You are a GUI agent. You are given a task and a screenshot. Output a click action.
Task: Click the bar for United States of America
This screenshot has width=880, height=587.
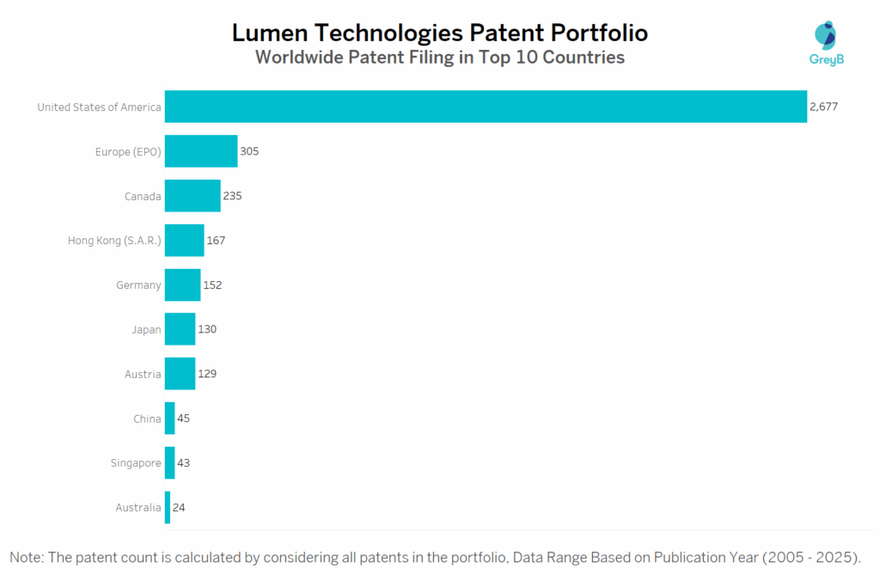[x=486, y=107]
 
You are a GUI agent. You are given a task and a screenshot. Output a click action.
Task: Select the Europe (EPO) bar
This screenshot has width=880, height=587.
[x=201, y=151]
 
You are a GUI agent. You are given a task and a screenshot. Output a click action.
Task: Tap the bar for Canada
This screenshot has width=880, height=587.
[x=192, y=196]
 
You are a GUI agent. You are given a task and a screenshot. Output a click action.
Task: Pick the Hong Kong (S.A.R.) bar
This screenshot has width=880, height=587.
[x=184, y=241]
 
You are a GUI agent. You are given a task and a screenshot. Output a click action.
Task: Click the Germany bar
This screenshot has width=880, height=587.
[x=182, y=285]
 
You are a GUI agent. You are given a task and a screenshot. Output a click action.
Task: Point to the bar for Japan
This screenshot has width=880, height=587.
[x=180, y=329]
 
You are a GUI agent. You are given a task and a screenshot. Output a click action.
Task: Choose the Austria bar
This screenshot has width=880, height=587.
[x=180, y=374]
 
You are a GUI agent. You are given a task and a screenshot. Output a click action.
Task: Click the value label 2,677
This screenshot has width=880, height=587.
[x=823, y=107]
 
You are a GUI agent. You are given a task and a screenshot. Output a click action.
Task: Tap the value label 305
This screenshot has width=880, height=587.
[x=249, y=151]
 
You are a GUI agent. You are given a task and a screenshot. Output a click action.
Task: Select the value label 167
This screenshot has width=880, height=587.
[x=216, y=241]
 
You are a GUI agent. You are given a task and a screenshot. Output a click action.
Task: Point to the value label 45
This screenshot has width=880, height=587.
[x=183, y=419]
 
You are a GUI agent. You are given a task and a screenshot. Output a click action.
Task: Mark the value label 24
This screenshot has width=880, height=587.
[x=179, y=508]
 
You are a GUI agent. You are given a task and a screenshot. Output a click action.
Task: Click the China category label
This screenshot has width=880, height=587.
[x=147, y=419]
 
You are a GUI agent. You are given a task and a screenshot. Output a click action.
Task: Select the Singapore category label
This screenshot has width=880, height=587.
[x=136, y=463]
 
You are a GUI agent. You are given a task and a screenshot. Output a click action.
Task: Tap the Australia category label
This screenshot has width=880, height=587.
[x=138, y=508]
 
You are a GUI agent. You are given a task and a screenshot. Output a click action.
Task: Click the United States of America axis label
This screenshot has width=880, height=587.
[x=99, y=107]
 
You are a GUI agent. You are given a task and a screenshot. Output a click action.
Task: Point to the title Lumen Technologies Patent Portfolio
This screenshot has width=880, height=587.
[x=440, y=33]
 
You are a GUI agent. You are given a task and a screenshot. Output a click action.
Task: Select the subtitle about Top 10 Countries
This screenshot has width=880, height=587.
[x=440, y=58]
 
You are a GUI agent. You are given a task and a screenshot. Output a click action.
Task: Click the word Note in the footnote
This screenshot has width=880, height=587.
[x=26, y=558]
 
